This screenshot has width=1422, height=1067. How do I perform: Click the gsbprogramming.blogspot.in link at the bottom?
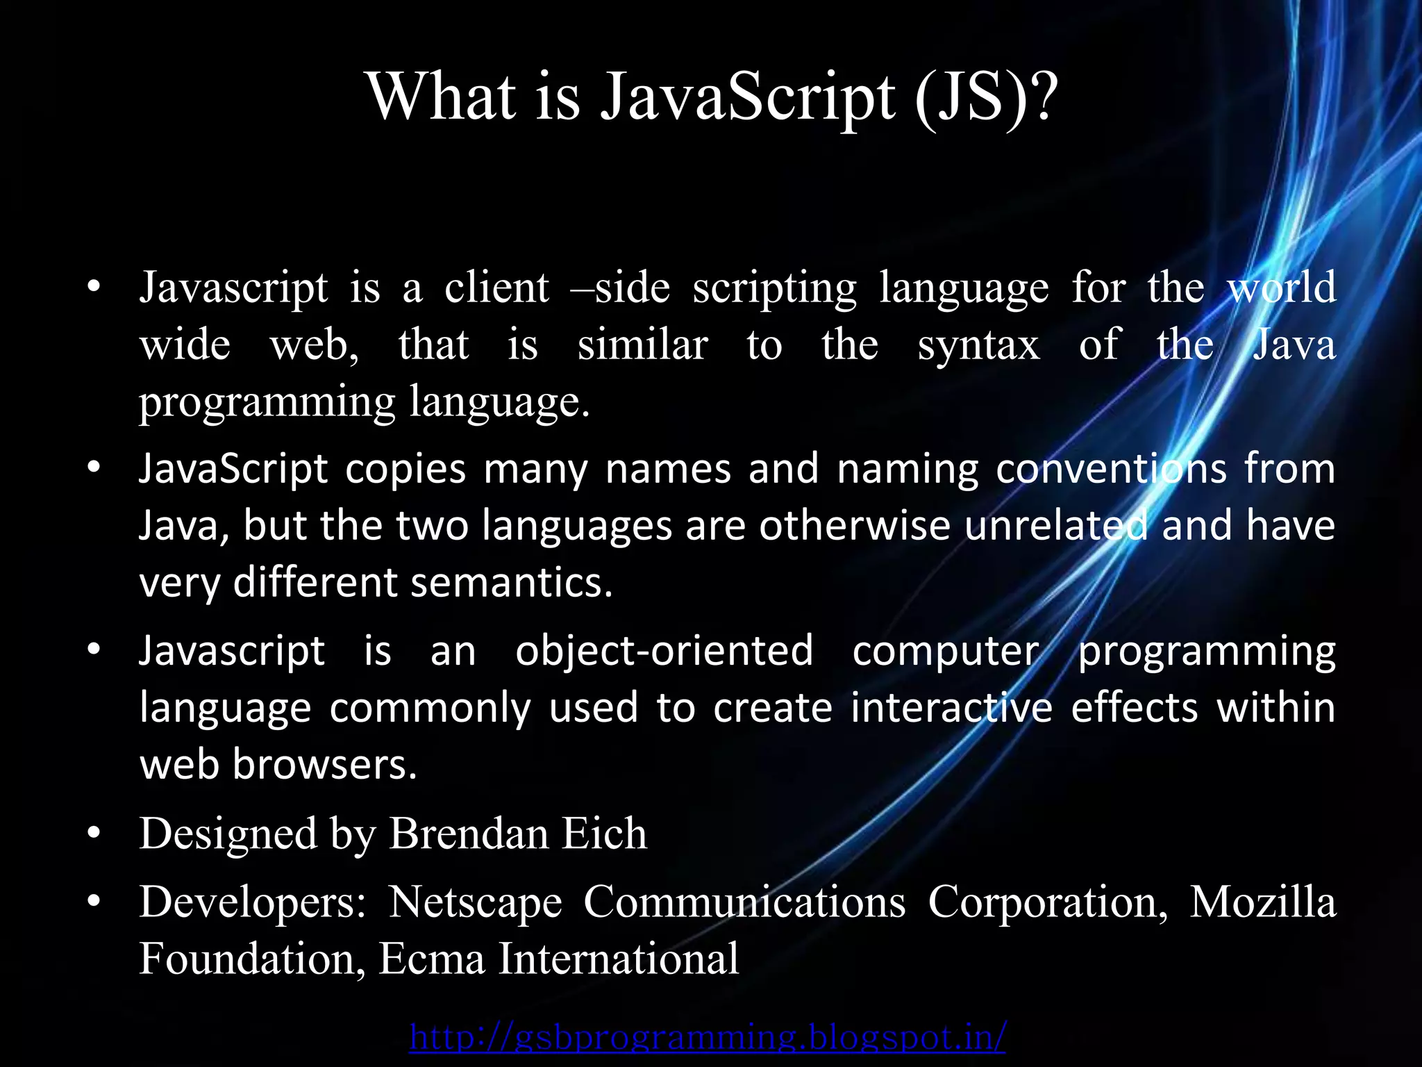[x=708, y=1037]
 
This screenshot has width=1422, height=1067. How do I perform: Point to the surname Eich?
[x=603, y=833]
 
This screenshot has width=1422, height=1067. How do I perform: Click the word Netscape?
[x=475, y=902]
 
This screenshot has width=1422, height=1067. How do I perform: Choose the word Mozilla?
[x=1262, y=902]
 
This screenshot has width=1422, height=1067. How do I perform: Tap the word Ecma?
[x=431, y=959]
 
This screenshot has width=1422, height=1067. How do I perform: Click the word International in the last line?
[x=619, y=959]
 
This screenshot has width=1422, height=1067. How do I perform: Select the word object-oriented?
[x=664, y=652]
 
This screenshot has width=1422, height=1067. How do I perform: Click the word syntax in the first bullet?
[x=978, y=346]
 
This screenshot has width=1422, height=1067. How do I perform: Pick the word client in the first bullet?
[x=496, y=288]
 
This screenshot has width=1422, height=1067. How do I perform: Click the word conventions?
[x=1111, y=469]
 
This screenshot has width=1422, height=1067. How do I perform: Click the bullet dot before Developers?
[x=94, y=901]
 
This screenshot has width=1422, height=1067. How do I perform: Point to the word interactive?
[x=952, y=708]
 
